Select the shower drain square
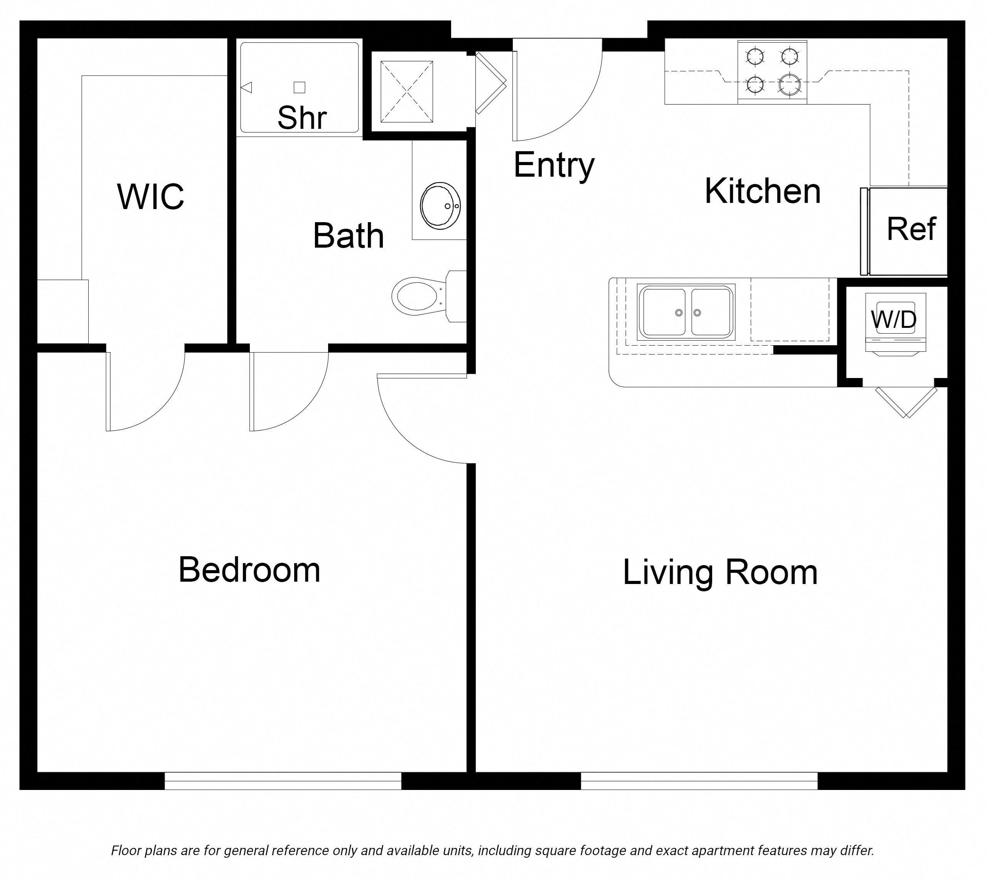coord(300,88)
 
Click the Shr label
coord(302,118)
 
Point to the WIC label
coord(150,197)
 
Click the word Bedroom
coord(249,570)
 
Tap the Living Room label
coord(720,573)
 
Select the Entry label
coord(554,165)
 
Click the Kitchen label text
coord(763,192)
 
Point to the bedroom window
coord(283,780)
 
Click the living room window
coord(699,780)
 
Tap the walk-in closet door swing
coord(145,392)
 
